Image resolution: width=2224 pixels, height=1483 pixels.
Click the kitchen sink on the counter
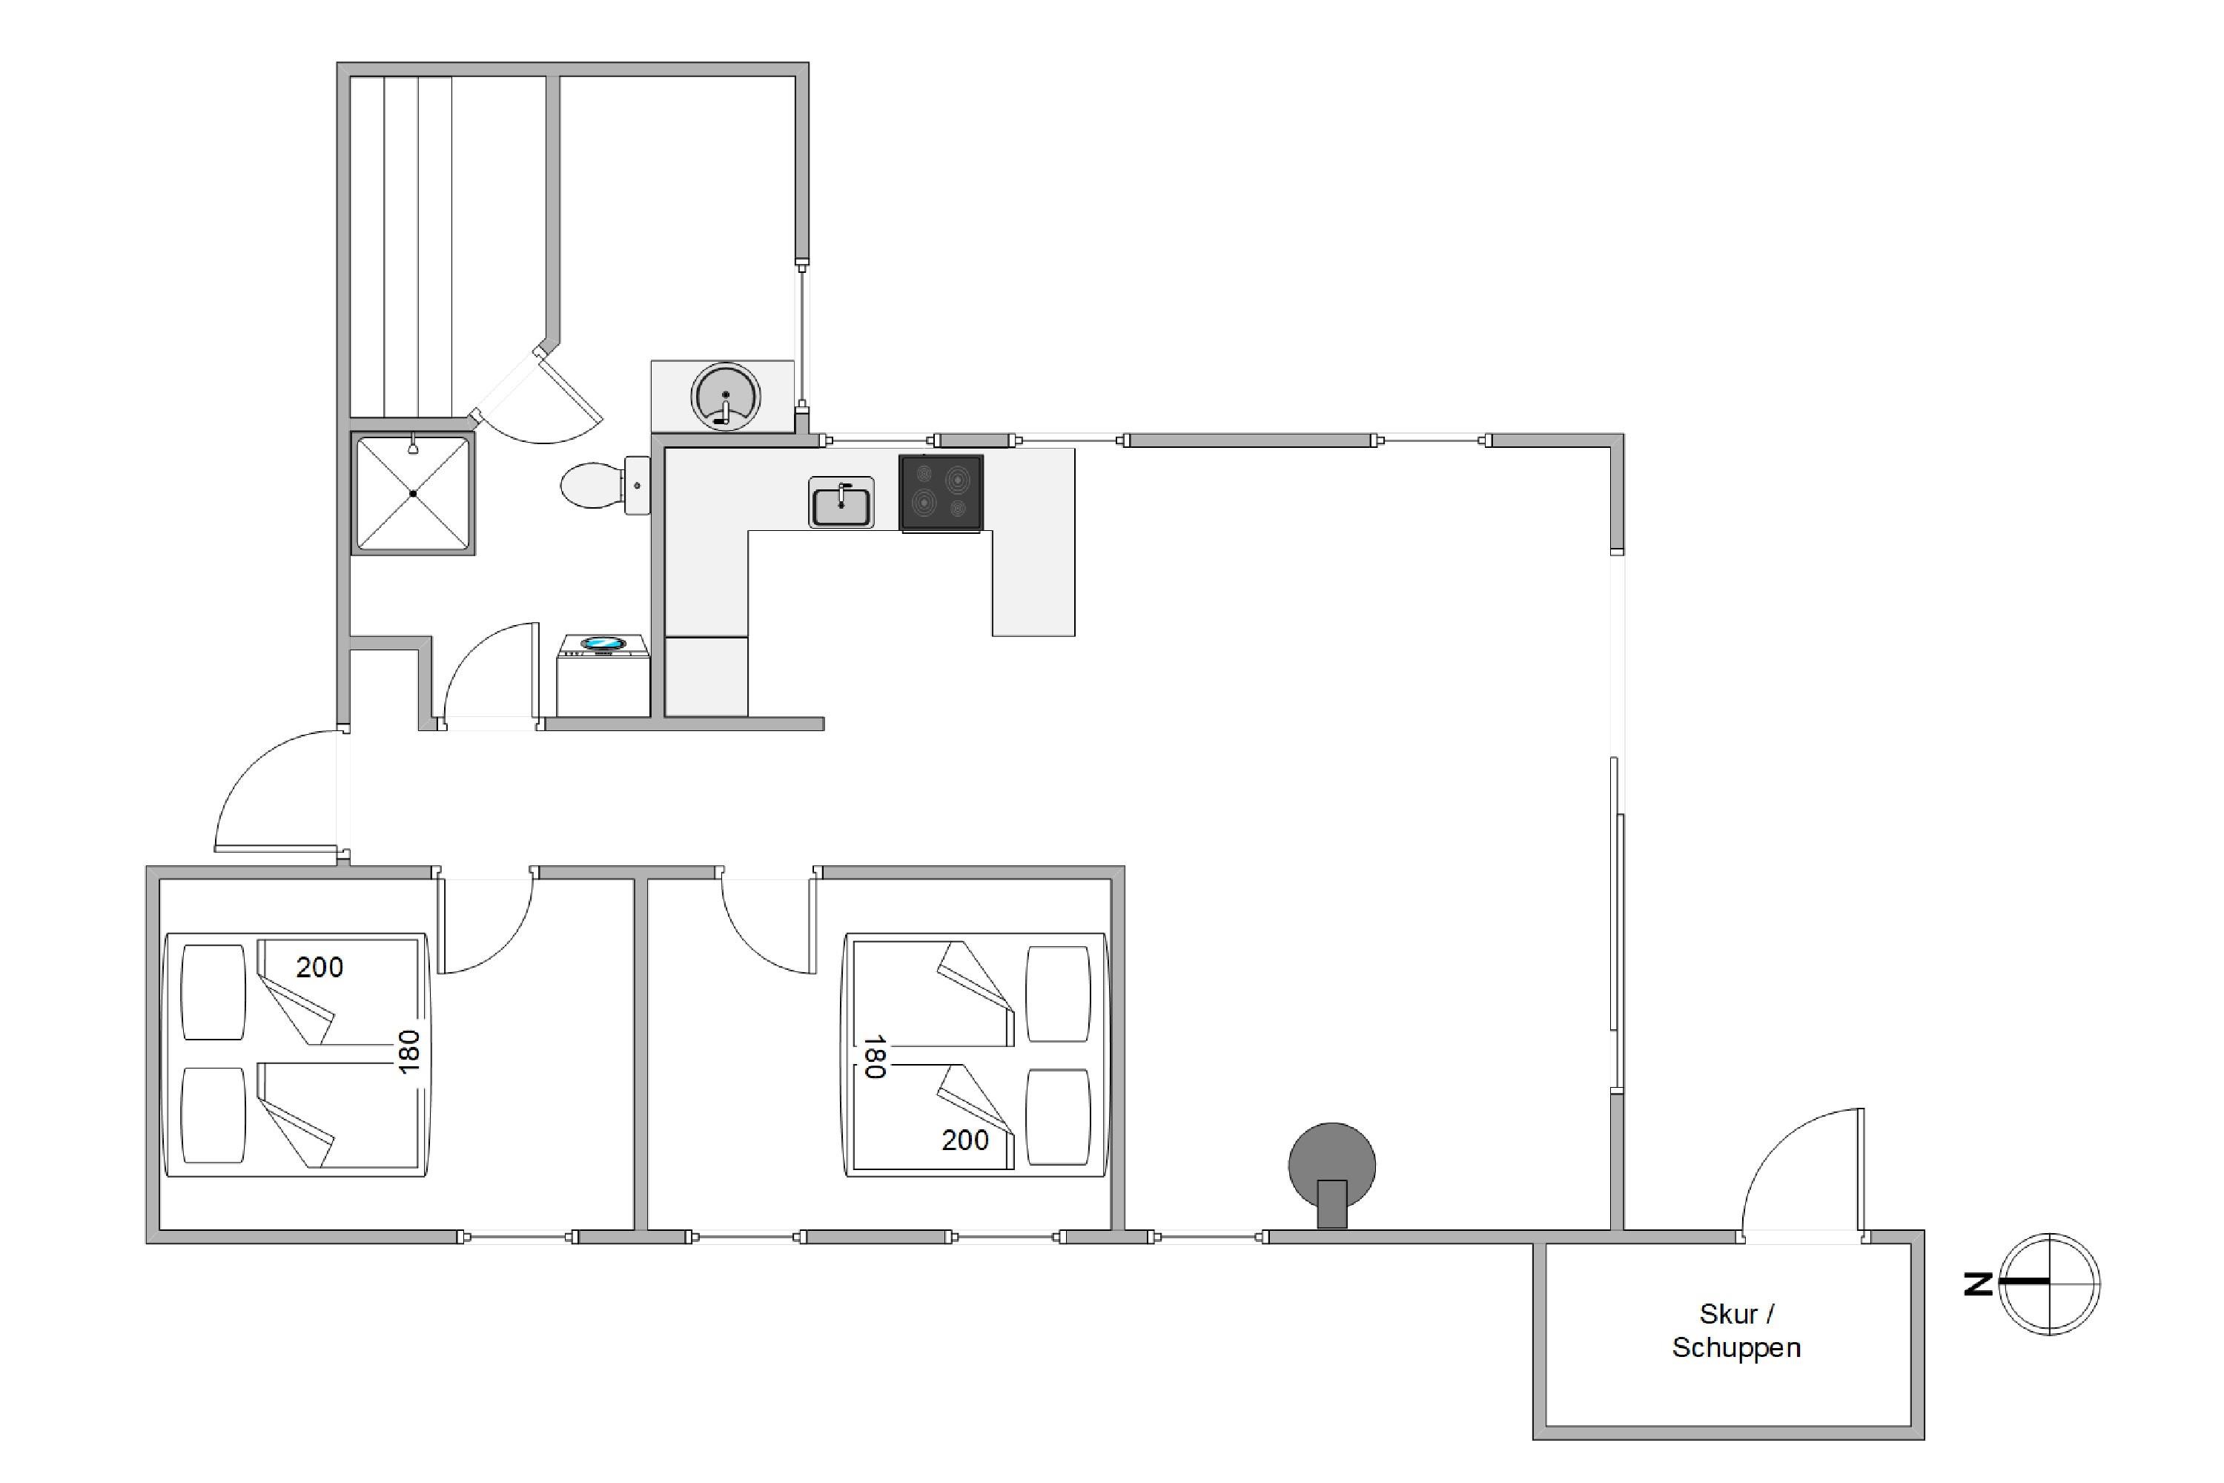[x=841, y=502]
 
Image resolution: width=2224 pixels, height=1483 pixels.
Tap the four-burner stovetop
[x=941, y=493]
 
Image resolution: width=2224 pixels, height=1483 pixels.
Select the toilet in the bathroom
[x=605, y=484]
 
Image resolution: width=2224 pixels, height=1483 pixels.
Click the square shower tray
[x=412, y=493]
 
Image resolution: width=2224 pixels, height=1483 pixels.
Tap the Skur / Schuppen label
[x=1736, y=1330]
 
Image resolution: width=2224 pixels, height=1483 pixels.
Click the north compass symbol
[x=2049, y=1284]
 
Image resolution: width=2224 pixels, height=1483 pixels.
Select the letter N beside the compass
[x=1977, y=1284]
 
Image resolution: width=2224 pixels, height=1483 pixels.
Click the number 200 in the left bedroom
[x=320, y=967]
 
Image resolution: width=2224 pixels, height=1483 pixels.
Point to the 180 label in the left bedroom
[x=408, y=1051]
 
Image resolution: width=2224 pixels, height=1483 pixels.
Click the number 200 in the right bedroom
[x=965, y=1140]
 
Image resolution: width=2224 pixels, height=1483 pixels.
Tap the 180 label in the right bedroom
[x=874, y=1057]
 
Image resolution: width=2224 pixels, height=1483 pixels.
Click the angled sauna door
[x=569, y=383]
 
